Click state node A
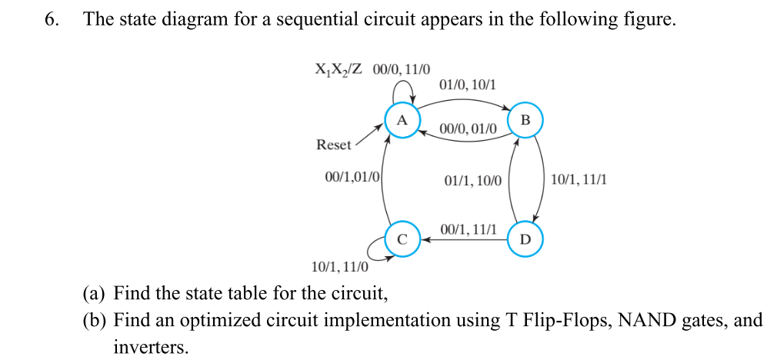[402, 121]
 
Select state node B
[525, 120]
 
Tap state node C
[402, 238]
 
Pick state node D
[525, 238]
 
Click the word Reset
[333, 145]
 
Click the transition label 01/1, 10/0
[472, 181]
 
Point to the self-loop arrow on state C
[375, 248]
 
